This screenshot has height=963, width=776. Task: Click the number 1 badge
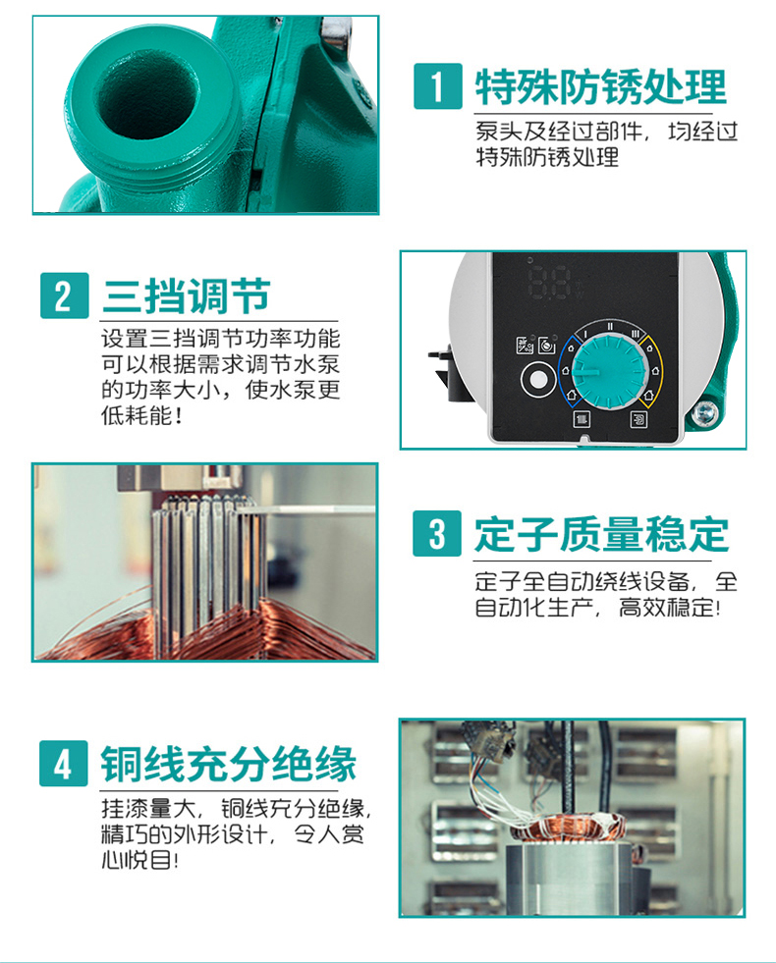click(437, 86)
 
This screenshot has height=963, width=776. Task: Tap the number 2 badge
click(65, 295)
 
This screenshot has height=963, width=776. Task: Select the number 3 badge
click(437, 533)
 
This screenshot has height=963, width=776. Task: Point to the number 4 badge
click(64, 764)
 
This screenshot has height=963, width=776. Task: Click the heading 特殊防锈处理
click(601, 86)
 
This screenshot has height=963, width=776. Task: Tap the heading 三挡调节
click(187, 296)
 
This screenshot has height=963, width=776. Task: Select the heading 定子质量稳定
click(601, 534)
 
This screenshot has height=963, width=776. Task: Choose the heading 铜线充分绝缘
click(229, 765)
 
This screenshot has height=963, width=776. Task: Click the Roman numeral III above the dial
click(636, 334)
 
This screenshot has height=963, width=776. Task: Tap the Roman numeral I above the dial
click(584, 334)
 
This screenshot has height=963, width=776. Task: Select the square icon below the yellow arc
click(638, 419)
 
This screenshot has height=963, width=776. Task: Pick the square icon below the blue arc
click(582, 419)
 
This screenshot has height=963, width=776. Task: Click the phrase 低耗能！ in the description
click(141, 416)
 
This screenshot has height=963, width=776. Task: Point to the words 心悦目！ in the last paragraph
click(140, 860)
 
